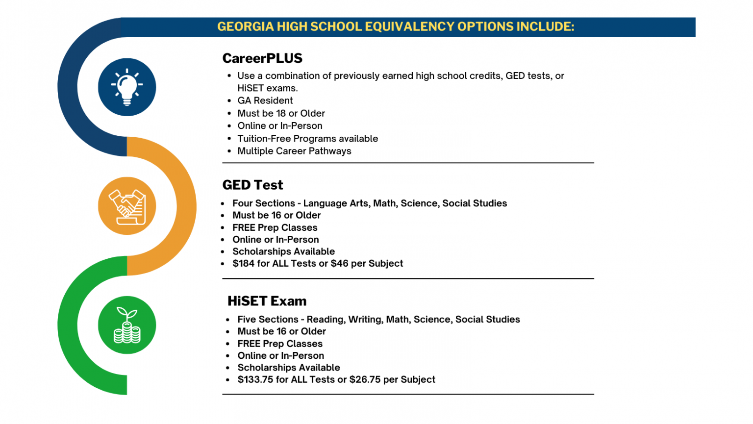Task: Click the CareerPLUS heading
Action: [x=262, y=58]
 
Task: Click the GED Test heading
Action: [x=252, y=185]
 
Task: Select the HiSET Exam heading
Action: [x=267, y=301]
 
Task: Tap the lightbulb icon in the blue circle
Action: [x=127, y=87]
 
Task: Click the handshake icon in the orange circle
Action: [x=127, y=206]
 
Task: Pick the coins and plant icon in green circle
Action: [x=127, y=325]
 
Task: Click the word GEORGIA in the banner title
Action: [x=245, y=26]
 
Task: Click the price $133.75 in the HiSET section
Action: [x=255, y=380]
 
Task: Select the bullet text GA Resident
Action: [x=265, y=100]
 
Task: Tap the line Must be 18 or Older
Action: [x=281, y=113]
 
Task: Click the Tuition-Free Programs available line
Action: [x=307, y=139]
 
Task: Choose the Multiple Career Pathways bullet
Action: [x=294, y=151]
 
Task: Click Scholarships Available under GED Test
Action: [x=283, y=251]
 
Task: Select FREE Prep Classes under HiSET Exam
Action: [x=280, y=344]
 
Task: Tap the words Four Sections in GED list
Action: [x=263, y=203]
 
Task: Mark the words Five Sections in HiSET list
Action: [x=268, y=320]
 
